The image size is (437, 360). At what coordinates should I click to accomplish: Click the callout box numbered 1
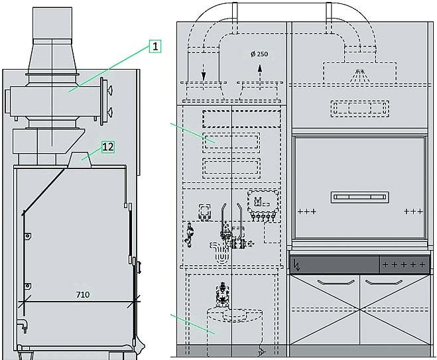pos(155,46)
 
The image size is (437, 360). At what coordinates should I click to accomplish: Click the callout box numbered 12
pos(108,147)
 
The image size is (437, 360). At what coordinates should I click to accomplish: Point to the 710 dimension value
pos(83,294)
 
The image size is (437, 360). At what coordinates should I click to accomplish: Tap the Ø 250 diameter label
pos(259,54)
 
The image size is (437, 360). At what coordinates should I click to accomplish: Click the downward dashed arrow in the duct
pos(204,72)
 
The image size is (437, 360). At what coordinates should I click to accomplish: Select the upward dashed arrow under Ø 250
pos(260,77)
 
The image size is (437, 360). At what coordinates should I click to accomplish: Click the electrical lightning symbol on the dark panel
pos(297,265)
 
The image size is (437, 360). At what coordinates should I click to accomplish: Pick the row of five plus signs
pos(404,264)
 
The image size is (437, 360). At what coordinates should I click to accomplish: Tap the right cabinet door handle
pos(384,282)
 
